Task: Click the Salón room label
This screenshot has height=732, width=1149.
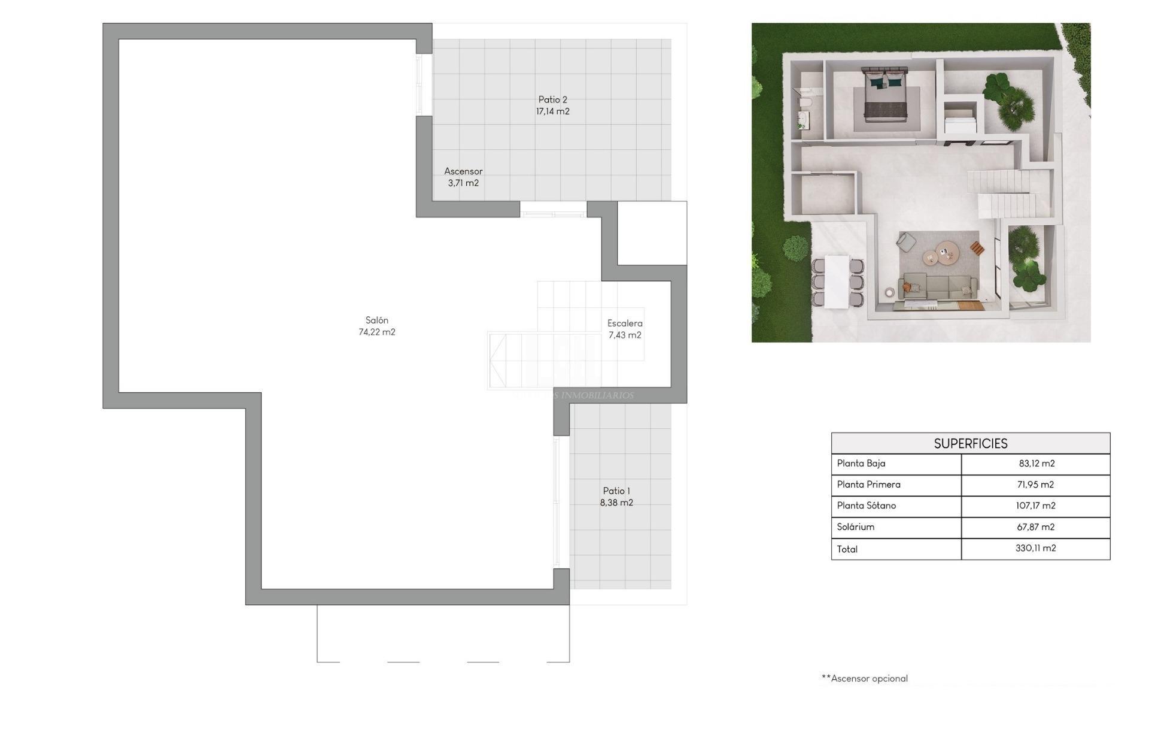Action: click(x=377, y=320)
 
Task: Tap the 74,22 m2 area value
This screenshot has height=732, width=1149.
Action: click(x=377, y=332)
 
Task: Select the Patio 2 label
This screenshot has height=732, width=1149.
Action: click(x=552, y=100)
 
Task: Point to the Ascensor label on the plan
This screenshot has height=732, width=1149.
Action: click(x=463, y=171)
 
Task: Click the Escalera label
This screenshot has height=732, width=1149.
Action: click(x=625, y=323)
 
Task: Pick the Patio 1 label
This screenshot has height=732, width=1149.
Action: click(x=616, y=491)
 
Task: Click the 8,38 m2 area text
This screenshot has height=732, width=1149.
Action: click(x=616, y=503)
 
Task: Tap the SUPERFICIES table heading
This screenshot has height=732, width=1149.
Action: click(x=971, y=444)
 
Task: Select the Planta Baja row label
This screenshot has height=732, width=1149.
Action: click(x=861, y=464)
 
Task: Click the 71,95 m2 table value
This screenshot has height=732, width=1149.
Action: click(x=1035, y=485)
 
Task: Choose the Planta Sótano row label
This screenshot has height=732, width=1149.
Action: click(x=867, y=506)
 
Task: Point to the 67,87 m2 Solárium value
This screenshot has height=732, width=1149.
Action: click(x=1035, y=527)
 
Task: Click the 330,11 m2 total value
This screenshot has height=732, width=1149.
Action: click(x=1035, y=548)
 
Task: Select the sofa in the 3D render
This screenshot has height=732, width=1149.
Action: click(x=938, y=287)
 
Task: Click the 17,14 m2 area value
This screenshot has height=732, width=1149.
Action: click(x=552, y=111)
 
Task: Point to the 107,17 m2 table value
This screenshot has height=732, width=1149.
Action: click(x=1035, y=506)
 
